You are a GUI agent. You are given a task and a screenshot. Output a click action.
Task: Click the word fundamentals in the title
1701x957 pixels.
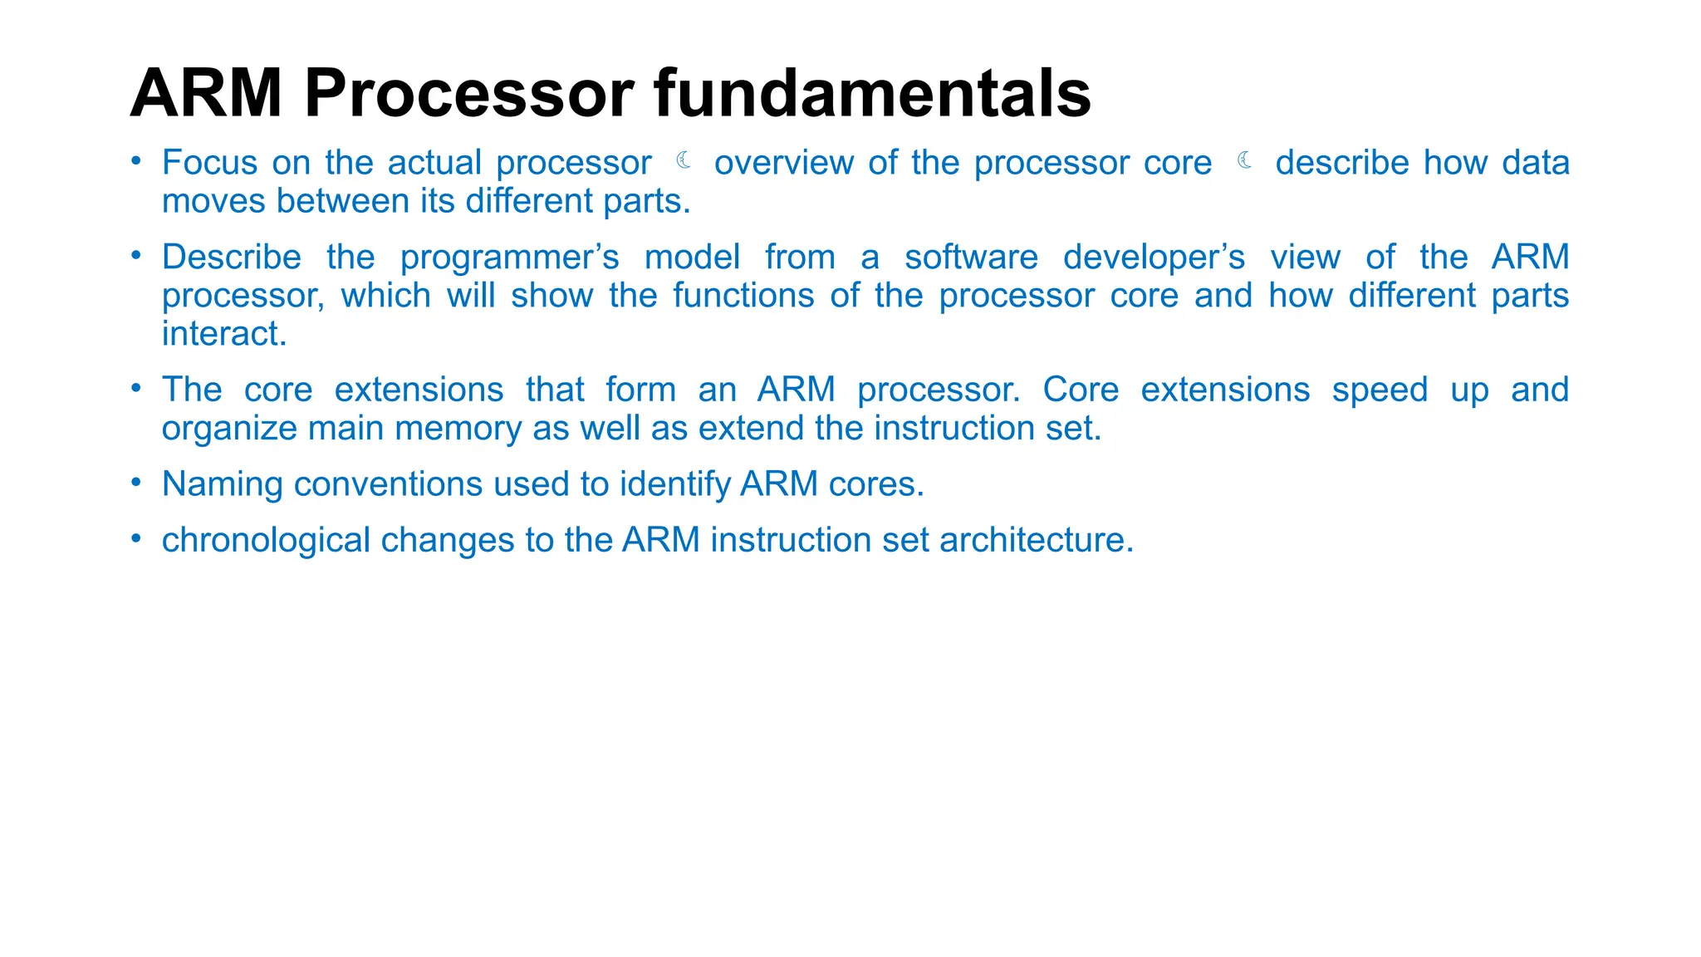tap(872, 93)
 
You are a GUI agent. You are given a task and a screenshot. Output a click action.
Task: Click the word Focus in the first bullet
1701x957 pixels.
tap(209, 163)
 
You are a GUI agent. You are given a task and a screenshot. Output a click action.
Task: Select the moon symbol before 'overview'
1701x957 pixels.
tap(684, 160)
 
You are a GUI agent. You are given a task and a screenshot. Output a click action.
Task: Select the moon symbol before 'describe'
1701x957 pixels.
tap(1244, 160)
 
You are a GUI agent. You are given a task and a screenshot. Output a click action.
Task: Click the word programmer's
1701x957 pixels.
tap(509, 258)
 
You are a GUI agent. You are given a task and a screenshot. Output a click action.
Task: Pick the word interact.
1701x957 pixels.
tap(224, 334)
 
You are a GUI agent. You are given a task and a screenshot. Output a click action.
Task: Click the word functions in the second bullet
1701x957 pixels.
tap(743, 296)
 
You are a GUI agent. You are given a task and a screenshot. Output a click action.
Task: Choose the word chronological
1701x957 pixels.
tap(266, 541)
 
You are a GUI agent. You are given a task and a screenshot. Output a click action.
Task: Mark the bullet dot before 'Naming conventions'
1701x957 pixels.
tap(136, 483)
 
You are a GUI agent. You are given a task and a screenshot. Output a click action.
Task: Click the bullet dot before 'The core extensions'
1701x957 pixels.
tap(136, 388)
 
